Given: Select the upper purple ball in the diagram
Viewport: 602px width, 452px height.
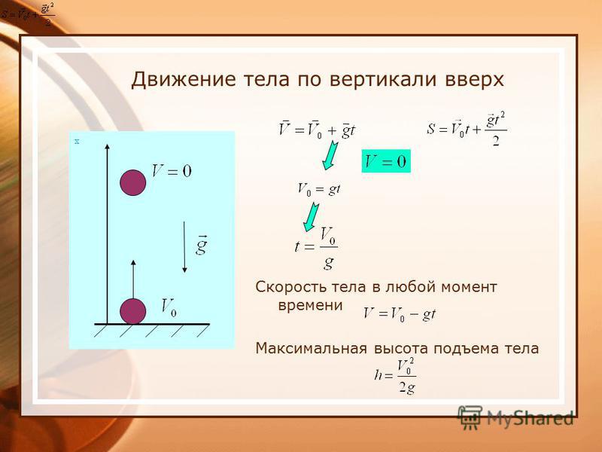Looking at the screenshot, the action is [133, 182].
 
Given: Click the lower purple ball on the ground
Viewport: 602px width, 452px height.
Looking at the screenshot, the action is [133, 311].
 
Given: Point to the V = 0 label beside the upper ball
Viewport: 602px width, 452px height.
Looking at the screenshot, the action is [172, 171].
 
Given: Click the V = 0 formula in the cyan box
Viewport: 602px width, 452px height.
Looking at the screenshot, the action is [386, 161].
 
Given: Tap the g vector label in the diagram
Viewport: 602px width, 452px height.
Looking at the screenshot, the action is [202, 245].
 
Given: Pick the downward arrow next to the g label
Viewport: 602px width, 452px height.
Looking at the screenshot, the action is [184, 247].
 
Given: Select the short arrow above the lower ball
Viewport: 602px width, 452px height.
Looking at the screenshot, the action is [133, 279].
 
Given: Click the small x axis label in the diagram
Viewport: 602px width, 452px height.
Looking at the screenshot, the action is [77, 142].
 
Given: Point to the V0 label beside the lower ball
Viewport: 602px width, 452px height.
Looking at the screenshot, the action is [169, 307].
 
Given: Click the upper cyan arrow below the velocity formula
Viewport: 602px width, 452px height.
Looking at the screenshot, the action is [330, 155].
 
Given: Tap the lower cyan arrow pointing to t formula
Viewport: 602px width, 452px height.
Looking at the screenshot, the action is [311, 217].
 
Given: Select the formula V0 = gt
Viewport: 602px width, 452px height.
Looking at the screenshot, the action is [319, 190].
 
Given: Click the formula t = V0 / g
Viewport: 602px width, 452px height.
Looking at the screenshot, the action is [316, 248].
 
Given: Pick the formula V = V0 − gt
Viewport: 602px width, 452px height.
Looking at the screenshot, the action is [400, 314].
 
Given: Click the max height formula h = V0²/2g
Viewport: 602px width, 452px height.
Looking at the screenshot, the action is [395, 376].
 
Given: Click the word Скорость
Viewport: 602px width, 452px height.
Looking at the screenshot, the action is [291, 287].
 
